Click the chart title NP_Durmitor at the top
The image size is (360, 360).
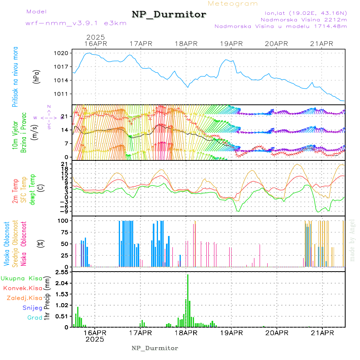click(169, 15)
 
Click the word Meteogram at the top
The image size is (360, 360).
click(233, 4)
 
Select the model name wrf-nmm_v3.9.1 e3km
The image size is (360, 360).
click(76, 23)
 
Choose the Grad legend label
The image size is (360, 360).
click(34, 318)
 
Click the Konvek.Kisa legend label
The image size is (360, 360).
click(22, 288)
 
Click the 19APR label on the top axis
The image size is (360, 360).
click(231, 44)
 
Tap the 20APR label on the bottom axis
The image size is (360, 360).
click(277, 333)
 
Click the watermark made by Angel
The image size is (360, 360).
click(352, 240)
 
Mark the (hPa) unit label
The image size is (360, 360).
click(37, 76)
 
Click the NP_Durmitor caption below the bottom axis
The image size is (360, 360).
click(155, 348)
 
